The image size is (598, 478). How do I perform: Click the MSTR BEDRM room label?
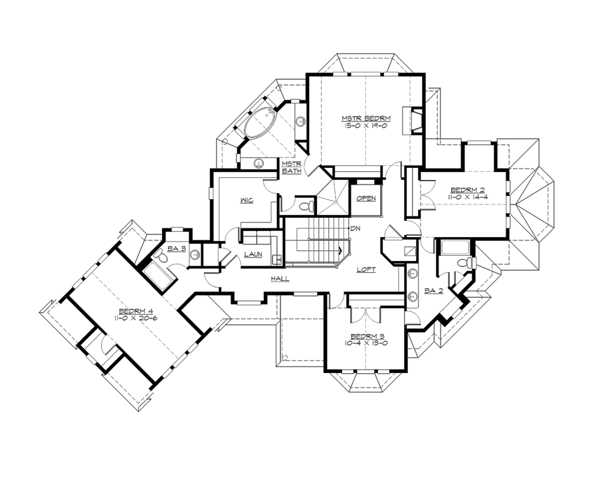(x=365, y=118)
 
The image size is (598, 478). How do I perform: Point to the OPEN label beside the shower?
(x=366, y=199)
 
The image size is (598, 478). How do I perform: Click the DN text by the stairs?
(x=355, y=229)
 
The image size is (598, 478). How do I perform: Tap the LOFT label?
(x=366, y=270)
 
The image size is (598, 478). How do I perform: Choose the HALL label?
(x=279, y=279)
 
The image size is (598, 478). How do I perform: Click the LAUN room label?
(x=252, y=255)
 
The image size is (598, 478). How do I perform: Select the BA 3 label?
(x=175, y=248)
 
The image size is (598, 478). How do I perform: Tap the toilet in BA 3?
(x=159, y=256)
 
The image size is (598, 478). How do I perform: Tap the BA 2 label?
(x=433, y=291)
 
